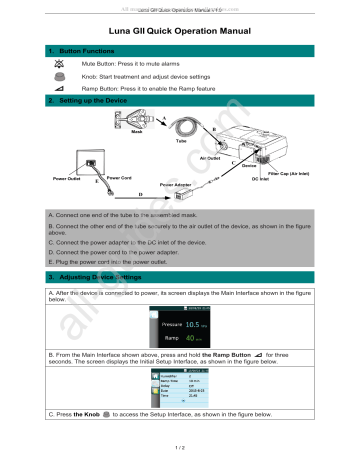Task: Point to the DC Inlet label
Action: tap(263, 179)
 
